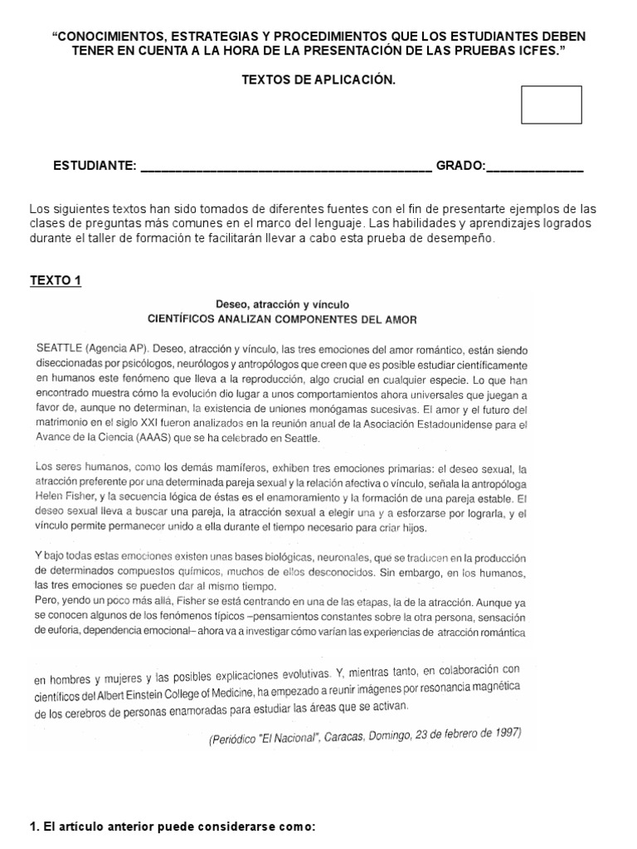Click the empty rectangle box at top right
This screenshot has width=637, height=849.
pos(552,104)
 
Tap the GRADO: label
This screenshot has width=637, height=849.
pos(460,166)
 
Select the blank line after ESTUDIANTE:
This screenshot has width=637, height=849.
pos(286,168)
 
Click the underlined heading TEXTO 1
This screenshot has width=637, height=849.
pos(56,280)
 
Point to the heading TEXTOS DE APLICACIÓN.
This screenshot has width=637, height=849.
pos(318,80)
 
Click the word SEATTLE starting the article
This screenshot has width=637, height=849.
pos(59,349)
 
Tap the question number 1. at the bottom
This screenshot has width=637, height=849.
pos(35,827)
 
